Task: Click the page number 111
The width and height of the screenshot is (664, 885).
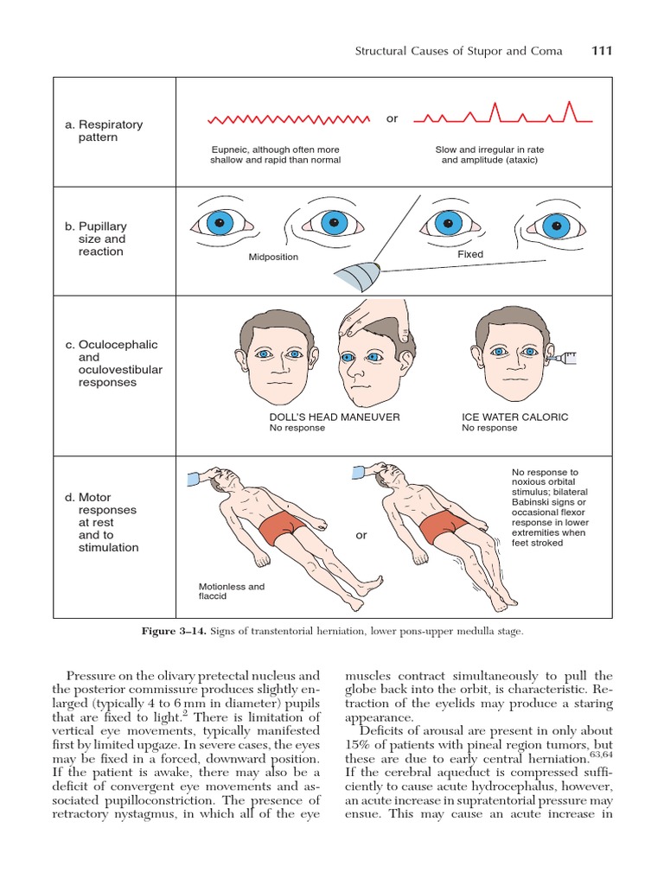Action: coord(602,51)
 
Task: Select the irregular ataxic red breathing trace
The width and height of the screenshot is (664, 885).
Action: coord(496,115)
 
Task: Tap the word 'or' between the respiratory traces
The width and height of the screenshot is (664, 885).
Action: coord(392,118)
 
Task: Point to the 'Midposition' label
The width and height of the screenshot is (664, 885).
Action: coord(273,257)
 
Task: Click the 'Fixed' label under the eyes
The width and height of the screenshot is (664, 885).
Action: coord(470,254)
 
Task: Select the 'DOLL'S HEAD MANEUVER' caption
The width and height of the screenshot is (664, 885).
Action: coord(335,417)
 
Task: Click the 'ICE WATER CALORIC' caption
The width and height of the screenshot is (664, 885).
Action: coord(515,417)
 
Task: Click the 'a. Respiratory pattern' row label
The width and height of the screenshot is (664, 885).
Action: coord(104,131)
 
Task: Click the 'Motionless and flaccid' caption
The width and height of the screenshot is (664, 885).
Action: coord(232,591)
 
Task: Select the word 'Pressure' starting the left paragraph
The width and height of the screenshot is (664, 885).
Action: coord(92,675)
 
